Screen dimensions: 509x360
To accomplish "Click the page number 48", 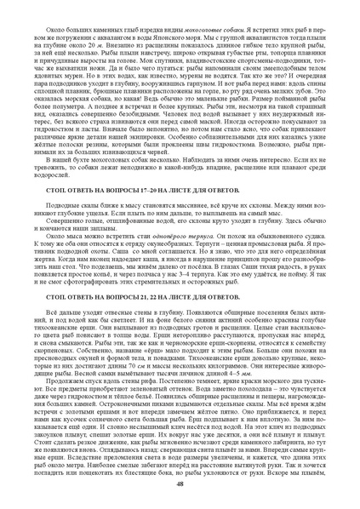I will click(x=180, y=500).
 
